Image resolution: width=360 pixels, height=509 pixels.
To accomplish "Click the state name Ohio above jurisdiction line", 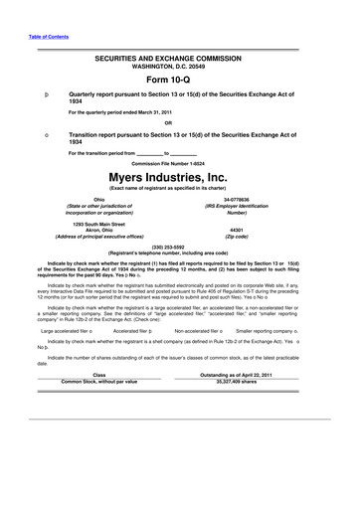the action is click(97, 200).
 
